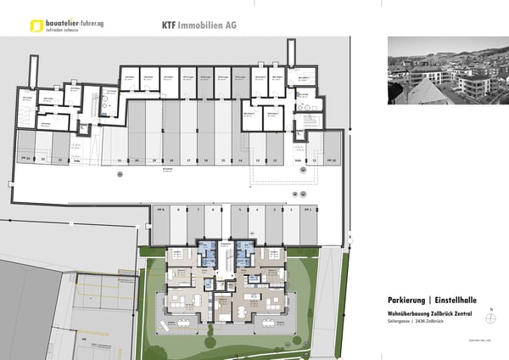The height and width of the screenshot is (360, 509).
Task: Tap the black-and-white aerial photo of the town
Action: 438,70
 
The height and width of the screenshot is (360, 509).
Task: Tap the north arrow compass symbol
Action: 490,318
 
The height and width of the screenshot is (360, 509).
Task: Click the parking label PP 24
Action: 25,159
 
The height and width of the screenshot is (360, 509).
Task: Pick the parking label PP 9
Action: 160,208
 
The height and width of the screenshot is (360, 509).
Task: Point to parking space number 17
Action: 187,160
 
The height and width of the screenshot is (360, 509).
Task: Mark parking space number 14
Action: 240,160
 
